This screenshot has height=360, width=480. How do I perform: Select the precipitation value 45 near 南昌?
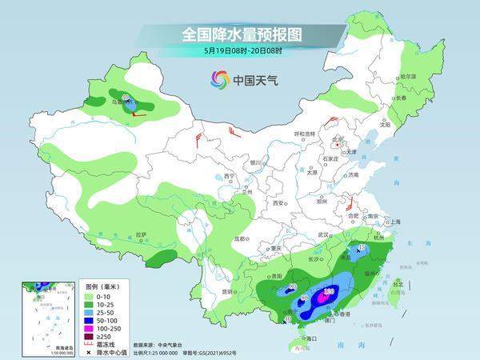(362, 249)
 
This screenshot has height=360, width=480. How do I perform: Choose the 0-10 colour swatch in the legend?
(90, 295)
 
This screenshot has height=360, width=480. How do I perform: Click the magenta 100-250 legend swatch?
(90, 327)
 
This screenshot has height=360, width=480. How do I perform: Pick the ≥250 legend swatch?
(90, 335)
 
